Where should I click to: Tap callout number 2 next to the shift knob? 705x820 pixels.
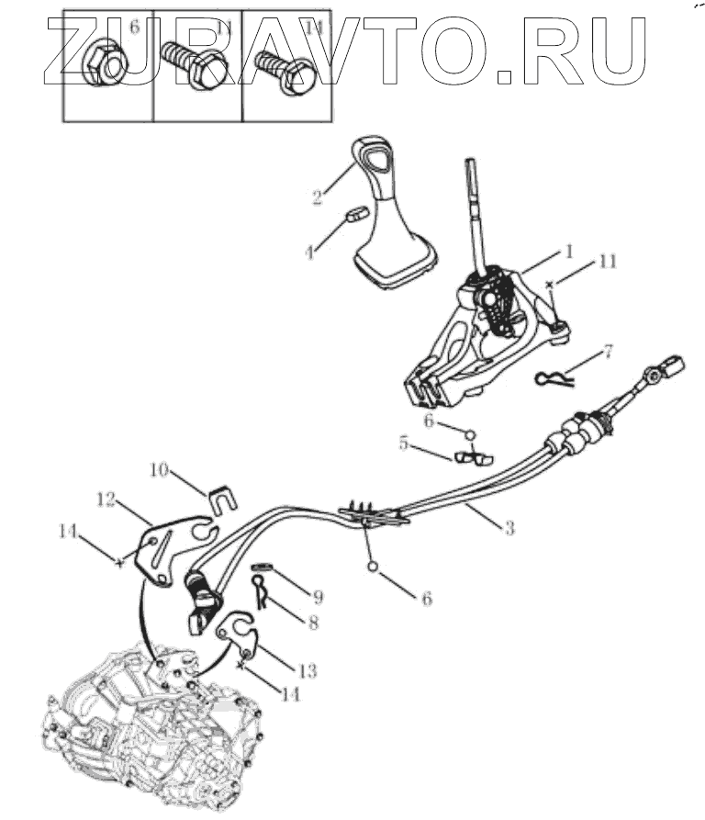click(317, 196)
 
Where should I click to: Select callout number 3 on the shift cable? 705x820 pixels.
click(509, 528)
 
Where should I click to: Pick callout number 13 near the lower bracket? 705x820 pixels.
click(308, 672)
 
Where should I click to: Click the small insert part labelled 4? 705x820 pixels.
click(356, 214)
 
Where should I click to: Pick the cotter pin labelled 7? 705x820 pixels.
click(554, 376)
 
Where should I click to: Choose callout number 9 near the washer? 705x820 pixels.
click(319, 595)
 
